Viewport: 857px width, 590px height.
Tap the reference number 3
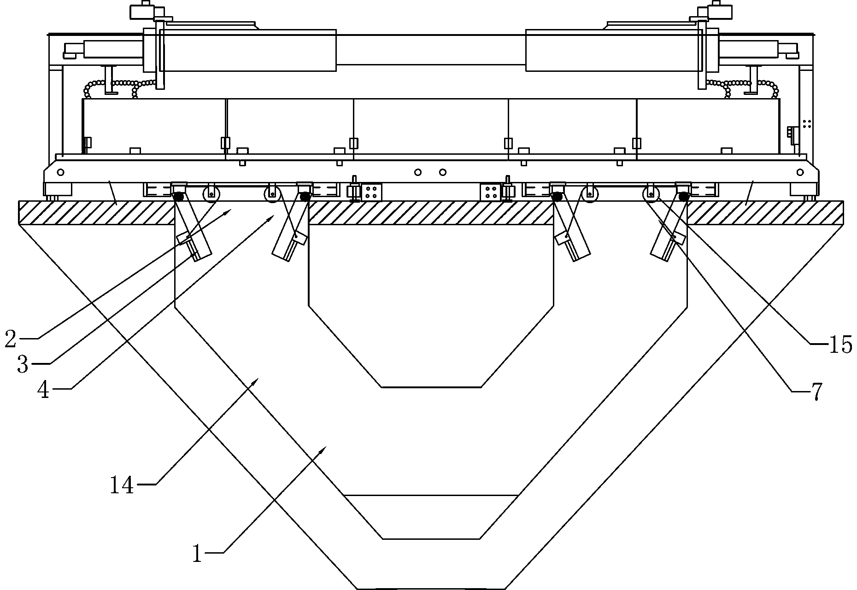click(23, 364)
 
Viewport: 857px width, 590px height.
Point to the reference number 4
click(43, 390)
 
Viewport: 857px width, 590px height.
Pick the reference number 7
click(816, 392)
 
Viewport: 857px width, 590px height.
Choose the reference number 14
click(122, 485)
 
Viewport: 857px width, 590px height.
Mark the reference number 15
click(841, 345)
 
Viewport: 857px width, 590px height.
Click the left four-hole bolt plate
click(371, 192)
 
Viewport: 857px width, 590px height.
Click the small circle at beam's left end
click(60, 172)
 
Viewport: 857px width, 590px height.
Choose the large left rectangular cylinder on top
click(247, 51)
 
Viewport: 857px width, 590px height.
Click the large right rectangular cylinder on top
click(614, 51)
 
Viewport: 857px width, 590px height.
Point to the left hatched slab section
click(97, 212)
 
